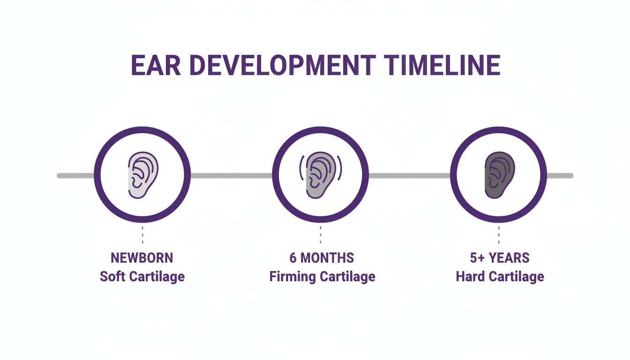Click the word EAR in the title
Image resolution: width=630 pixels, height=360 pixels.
[156, 66]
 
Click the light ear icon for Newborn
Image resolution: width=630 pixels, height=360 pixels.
[143, 175]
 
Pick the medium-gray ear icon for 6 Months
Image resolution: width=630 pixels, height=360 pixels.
[321, 175]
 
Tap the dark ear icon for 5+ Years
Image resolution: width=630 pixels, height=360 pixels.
[499, 175]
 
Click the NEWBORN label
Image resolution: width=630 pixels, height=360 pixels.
[142, 258]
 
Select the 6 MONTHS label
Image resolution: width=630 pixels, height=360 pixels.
[322, 258]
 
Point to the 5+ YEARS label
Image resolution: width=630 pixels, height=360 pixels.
[500, 258]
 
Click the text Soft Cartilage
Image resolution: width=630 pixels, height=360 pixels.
[142, 276]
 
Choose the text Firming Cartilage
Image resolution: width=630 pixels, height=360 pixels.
[322, 276]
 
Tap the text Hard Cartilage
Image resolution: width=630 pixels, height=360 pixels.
[500, 276]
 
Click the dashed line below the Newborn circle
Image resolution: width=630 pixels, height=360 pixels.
[142, 234]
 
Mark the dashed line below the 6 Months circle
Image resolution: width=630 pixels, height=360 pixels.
[321, 234]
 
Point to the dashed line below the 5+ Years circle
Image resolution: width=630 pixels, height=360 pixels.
[499, 234]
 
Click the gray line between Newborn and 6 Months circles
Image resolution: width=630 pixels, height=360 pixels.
[231, 176]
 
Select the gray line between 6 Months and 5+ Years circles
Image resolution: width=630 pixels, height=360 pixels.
[409, 176]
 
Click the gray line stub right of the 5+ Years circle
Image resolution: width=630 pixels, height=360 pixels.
[560, 176]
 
